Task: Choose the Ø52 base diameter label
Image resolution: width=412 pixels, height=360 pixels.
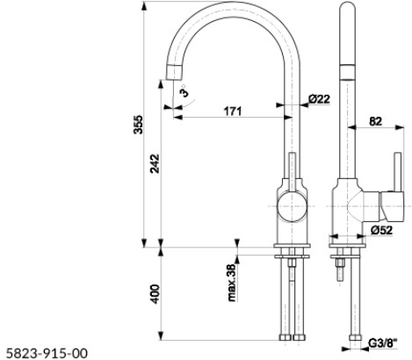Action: (x=381, y=230)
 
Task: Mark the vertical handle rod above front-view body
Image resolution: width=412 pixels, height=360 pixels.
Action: (x=293, y=167)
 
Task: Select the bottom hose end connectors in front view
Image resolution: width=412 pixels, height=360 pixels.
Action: (x=293, y=337)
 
